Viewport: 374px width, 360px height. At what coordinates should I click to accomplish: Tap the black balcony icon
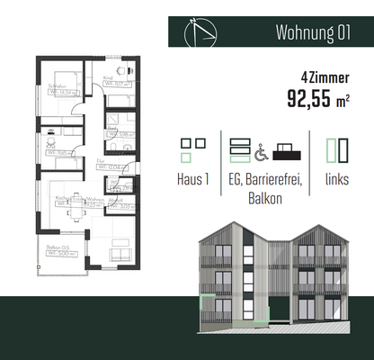286,148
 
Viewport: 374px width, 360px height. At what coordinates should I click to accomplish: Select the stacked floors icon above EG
239,148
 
